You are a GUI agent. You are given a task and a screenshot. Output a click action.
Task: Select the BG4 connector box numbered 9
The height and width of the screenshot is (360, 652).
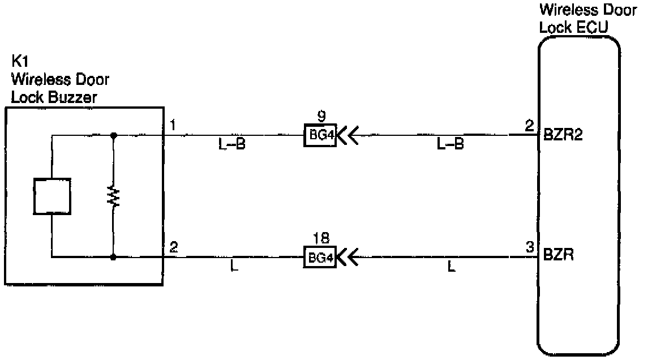[320, 136]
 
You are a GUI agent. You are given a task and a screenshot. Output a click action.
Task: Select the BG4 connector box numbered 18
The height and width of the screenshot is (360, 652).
[320, 258]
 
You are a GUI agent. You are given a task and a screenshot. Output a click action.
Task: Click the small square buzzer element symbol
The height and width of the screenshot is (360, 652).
[52, 196]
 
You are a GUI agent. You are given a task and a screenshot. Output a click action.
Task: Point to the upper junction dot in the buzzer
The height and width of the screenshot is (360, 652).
[114, 135]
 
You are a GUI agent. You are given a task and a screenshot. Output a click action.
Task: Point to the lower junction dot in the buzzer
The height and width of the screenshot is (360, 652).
[114, 258]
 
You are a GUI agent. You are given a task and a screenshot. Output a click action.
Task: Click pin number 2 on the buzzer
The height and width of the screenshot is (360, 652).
[174, 247]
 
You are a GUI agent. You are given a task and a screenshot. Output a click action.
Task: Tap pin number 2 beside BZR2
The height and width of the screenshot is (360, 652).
[529, 126]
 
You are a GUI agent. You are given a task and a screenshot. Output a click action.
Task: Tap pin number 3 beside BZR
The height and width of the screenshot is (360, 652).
[529, 247]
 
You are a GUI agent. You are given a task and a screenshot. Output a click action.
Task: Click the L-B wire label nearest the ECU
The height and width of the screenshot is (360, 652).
[450, 145]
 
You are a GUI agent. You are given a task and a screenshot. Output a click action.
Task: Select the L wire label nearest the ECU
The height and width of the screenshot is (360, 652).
[451, 267]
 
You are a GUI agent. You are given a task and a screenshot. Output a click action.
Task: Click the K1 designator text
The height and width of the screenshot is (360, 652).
[19, 61]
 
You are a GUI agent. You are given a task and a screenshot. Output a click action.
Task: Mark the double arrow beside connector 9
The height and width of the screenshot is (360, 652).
[349, 136]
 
